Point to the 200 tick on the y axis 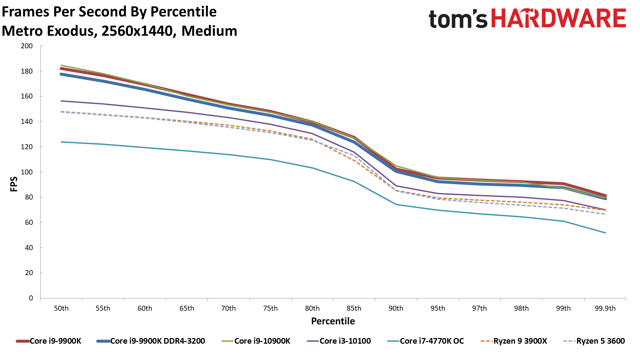click(27, 46)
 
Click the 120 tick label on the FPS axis click(27, 147)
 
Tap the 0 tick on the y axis click(31, 298)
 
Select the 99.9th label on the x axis click(605, 308)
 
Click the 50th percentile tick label click(61, 308)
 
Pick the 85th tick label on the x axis click(354, 308)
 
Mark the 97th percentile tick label click(479, 308)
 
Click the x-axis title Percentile click(333, 321)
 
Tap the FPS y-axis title click(14, 184)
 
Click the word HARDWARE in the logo click(558, 18)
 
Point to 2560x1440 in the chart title click(137, 31)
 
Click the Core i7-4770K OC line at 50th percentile click(62, 142)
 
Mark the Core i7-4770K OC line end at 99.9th click(605, 233)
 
